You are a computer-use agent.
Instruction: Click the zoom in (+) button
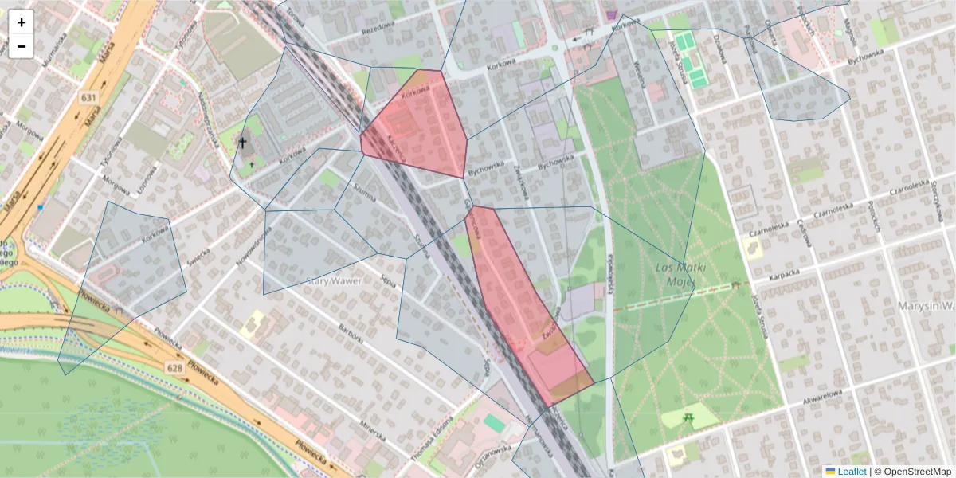pos(22,22)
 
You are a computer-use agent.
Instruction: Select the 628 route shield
pos(175,367)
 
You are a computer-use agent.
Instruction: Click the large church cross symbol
pos(243,143)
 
